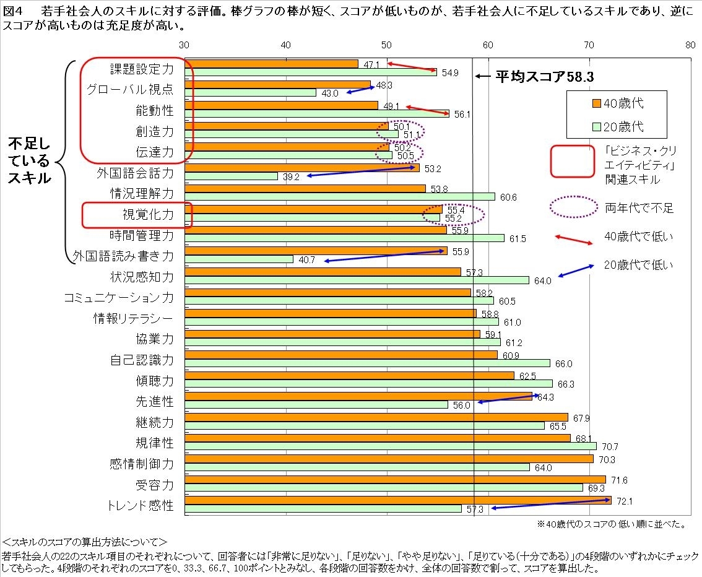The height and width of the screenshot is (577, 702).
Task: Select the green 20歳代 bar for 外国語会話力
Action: (x=231, y=176)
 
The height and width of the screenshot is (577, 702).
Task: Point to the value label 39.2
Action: (x=291, y=176)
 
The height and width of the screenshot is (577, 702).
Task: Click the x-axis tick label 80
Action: (x=690, y=45)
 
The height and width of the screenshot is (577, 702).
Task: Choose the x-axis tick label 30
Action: (x=184, y=45)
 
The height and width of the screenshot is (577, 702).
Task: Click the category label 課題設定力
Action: (x=142, y=69)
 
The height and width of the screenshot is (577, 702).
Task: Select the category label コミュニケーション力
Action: (x=119, y=298)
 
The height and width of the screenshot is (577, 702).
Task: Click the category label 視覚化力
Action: (x=148, y=214)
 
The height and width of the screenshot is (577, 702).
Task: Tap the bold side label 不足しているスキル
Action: (x=30, y=161)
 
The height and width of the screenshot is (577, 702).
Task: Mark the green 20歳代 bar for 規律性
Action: (x=390, y=446)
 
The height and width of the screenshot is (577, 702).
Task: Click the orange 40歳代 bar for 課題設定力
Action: (x=271, y=64)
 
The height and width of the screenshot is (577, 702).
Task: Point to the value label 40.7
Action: (x=307, y=260)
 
